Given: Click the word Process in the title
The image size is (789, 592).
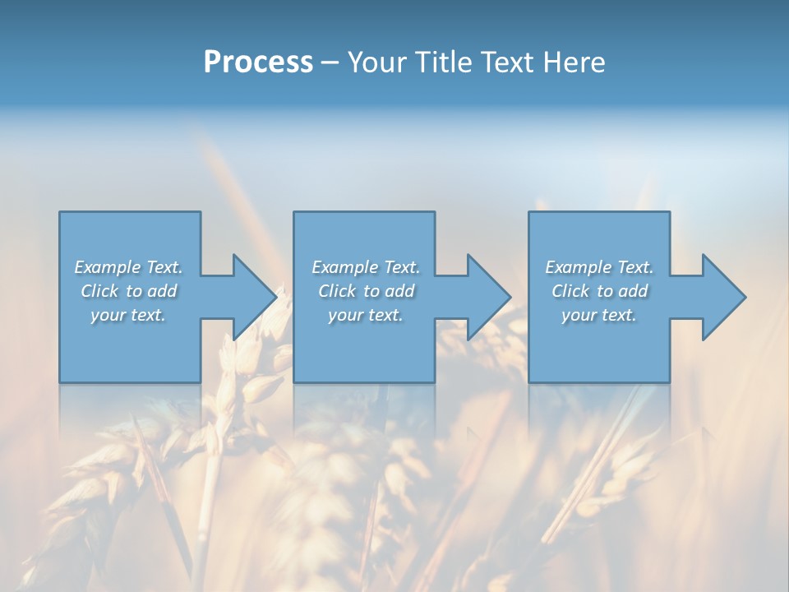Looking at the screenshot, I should coord(258,62).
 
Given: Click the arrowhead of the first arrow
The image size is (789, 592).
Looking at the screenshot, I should coord(255,297).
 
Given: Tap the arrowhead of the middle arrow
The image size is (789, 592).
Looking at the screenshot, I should coord(489,297).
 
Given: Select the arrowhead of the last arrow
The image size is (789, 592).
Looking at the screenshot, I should coord(724,297).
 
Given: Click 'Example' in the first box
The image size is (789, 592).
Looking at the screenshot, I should coord(108,267).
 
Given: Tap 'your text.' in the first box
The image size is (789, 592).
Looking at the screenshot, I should coord(128,315).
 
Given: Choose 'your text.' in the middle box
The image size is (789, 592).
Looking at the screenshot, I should coord(366,315).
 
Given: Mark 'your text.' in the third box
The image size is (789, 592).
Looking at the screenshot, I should coord(599,315).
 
